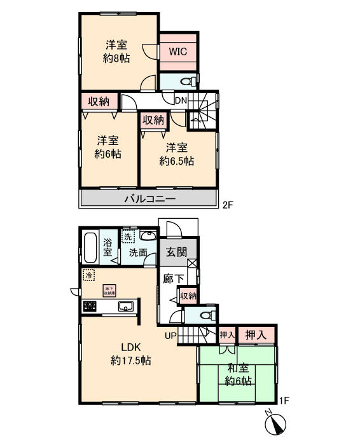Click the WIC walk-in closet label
tap(177, 52)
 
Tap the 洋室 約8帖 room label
tap(117, 52)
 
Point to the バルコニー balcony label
tap(148, 199)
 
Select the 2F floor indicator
tap(228, 206)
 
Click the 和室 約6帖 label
tap(238, 374)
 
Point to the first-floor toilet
tap(205, 315)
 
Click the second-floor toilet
tap(186, 82)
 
